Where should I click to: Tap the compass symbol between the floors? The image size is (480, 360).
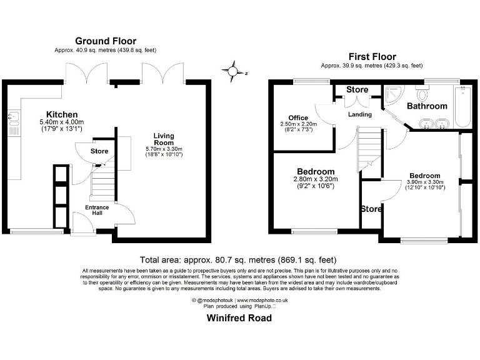coord(233,72)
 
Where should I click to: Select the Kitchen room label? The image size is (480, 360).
coord(62,114)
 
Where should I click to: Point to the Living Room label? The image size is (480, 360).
coord(164,139)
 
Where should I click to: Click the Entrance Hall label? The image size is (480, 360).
coord(97,210)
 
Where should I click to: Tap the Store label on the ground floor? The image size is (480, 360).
coord(99,151)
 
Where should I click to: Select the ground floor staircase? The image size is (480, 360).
coord(100,181)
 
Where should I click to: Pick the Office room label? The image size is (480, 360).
coord(299,117)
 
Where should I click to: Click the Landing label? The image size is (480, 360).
coord(360,114)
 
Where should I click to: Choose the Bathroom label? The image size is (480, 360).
coord(427,106)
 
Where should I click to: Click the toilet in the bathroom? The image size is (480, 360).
coord(421,95)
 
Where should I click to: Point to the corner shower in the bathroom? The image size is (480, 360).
coord(393,95)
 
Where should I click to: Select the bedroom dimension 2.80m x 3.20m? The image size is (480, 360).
coord(315,179)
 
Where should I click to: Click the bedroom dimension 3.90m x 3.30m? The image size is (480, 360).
coord(424,182)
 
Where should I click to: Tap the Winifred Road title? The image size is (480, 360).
coord(239,317)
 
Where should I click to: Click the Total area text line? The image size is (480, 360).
coord(239,259)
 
